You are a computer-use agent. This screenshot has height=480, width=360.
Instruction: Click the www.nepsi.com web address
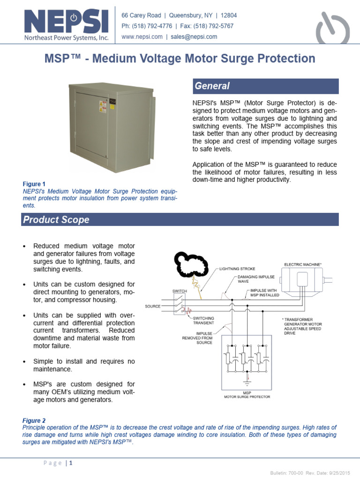tap(142, 37)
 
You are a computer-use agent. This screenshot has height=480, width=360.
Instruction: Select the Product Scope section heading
tap(56, 219)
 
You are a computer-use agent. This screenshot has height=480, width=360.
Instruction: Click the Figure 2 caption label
tap(34, 421)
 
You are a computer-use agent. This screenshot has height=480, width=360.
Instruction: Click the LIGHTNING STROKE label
tap(237, 269)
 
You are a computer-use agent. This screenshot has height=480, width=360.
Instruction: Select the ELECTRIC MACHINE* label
tap(302, 264)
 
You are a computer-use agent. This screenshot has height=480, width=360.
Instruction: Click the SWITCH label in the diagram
tap(180, 291)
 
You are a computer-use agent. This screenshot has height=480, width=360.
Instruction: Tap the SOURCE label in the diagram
tap(152, 306)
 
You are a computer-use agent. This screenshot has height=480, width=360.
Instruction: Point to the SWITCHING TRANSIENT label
tap(204, 320)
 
